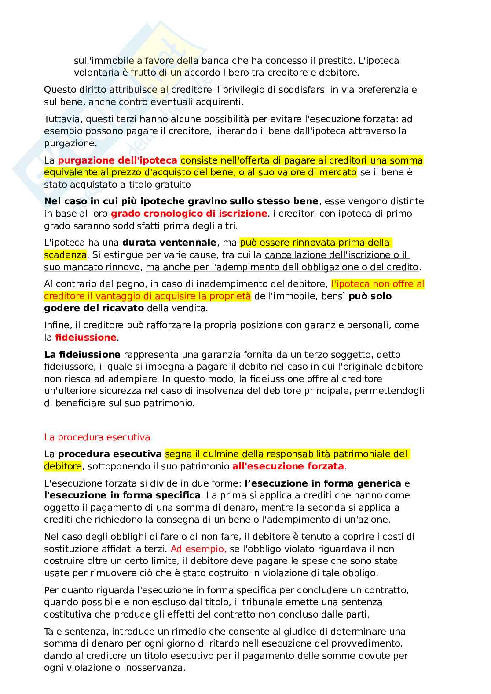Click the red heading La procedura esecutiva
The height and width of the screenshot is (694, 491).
point(97,437)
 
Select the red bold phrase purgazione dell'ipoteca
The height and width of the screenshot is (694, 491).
point(117,160)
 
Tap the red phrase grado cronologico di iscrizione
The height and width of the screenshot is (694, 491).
point(189,214)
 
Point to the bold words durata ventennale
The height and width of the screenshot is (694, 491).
point(169,243)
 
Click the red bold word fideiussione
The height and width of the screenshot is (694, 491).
point(85,338)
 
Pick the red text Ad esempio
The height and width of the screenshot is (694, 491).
point(198,549)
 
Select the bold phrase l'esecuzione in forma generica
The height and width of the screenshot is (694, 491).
point(323,483)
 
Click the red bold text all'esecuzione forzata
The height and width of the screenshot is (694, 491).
point(288,466)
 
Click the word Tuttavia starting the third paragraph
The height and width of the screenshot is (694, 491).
point(62,119)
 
